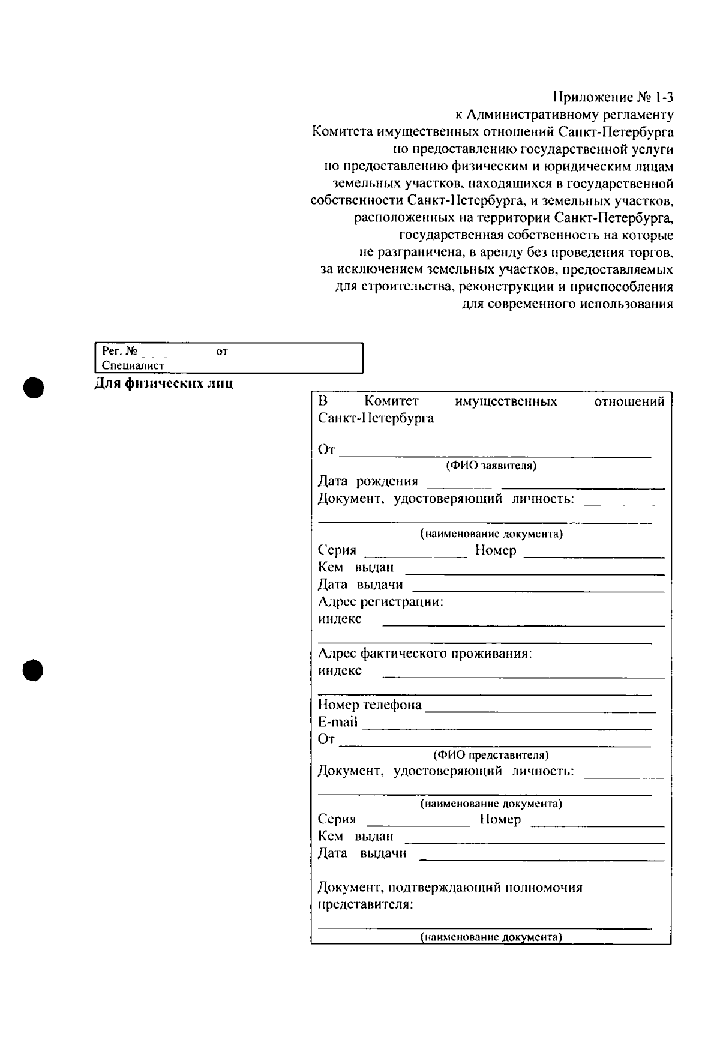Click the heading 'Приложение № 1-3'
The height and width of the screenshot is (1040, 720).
pyautogui.click(x=613, y=97)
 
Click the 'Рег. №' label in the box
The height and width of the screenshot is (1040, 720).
pyautogui.click(x=120, y=351)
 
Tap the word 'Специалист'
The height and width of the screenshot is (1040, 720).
pyautogui.click(x=133, y=365)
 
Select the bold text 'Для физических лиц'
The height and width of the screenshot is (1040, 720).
pyautogui.click(x=164, y=383)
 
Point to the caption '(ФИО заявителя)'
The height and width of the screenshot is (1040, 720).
pyautogui.click(x=490, y=466)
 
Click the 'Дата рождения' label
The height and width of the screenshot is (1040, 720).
pyautogui.click(x=368, y=481)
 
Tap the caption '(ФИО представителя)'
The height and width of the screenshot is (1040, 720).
pyautogui.click(x=490, y=755)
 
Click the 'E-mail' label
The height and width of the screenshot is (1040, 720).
pyautogui.click(x=337, y=722)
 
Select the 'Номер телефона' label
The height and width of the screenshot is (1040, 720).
pyautogui.click(x=370, y=705)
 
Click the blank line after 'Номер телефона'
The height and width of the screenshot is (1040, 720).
pyautogui.click(x=540, y=711)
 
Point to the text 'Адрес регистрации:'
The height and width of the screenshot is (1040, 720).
pyautogui.click(x=380, y=601)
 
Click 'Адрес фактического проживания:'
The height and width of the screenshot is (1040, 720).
pyautogui.click(x=425, y=653)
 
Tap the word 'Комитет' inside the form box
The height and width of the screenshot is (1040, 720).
pyautogui.click(x=391, y=401)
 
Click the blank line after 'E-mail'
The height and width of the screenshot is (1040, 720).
pyautogui.click(x=507, y=728)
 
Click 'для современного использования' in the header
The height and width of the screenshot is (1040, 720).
pyautogui.click(x=567, y=304)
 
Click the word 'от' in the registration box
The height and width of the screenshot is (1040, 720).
pyautogui.click(x=221, y=351)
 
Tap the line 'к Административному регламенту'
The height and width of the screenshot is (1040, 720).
pyautogui.click(x=563, y=114)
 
